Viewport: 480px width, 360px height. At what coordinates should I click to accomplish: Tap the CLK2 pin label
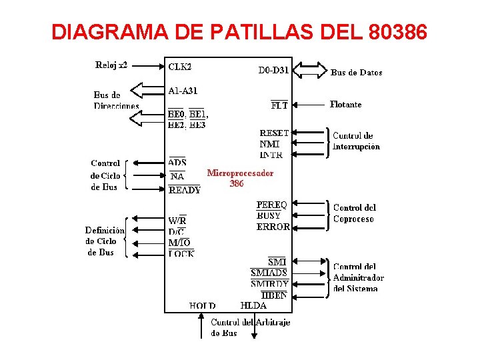click(x=180, y=67)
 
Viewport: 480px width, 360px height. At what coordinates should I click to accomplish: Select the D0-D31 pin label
click(x=273, y=69)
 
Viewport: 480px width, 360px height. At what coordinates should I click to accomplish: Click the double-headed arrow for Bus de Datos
click(x=310, y=69)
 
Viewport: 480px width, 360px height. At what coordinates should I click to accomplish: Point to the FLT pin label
click(x=279, y=105)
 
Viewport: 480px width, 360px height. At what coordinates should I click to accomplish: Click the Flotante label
click(x=345, y=105)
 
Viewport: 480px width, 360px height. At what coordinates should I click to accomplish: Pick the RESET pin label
click(x=274, y=133)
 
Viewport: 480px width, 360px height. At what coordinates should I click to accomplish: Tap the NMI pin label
click(x=269, y=144)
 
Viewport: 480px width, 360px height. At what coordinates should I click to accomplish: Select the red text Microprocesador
click(x=240, y=173)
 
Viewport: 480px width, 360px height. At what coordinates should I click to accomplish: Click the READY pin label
click(x=185, y=190)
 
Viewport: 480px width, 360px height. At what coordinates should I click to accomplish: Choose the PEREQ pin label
click(x=272, y=205)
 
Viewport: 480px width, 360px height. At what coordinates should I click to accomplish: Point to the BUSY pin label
click(x=269, y=215)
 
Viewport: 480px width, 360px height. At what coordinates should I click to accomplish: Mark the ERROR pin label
click(x=273, y=227)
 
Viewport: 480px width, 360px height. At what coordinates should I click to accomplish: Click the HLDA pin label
click(x=253, y=306)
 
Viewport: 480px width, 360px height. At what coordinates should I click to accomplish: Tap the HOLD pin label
click(x=203, y=306)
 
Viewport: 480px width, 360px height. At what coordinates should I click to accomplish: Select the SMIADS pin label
click(x=269, y=273)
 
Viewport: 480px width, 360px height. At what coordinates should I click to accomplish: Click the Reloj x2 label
click(x=111, y=65)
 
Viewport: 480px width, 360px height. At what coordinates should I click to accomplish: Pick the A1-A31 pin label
click(x=183, y=90)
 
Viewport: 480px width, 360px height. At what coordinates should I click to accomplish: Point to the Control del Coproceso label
click(x=354, y=213)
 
